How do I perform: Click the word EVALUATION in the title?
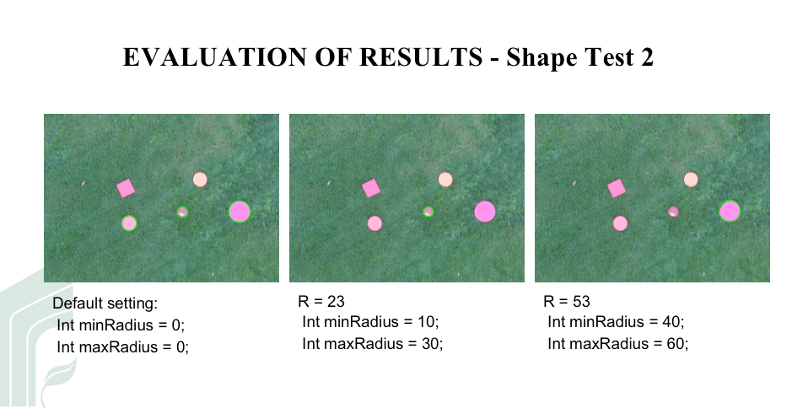215,57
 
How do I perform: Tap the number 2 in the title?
647,57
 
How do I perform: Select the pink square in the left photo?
126,188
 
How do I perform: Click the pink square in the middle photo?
371,188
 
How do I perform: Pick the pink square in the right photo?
617,188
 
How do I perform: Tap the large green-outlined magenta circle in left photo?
240,212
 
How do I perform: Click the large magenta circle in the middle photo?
485,212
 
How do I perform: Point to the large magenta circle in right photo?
730,211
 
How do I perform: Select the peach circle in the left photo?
200,180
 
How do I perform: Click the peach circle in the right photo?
691,180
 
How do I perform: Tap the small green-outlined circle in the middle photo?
428,212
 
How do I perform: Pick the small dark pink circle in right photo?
673,212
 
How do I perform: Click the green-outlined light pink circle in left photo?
129,223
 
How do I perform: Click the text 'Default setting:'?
105,303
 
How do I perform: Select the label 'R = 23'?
321,302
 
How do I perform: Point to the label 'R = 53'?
567,302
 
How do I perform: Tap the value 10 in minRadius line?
427,322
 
